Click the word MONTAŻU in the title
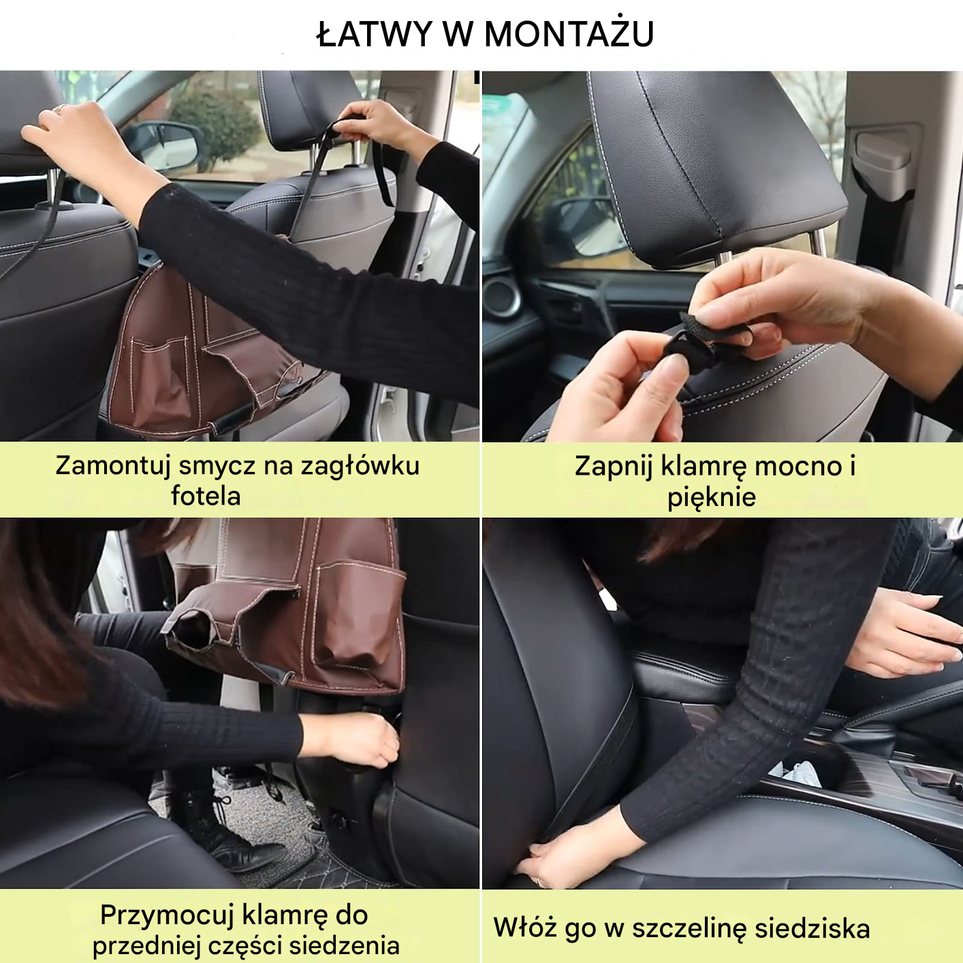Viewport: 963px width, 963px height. coord(569,34)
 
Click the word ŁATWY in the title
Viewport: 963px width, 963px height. coord(375,34)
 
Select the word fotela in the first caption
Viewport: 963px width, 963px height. coord(206,496)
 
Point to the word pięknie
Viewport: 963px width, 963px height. coord(712,497)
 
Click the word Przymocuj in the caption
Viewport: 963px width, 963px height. coord(166,915)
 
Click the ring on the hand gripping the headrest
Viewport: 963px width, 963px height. coord(59,108)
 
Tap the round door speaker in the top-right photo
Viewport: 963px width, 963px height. coord(503,297)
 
